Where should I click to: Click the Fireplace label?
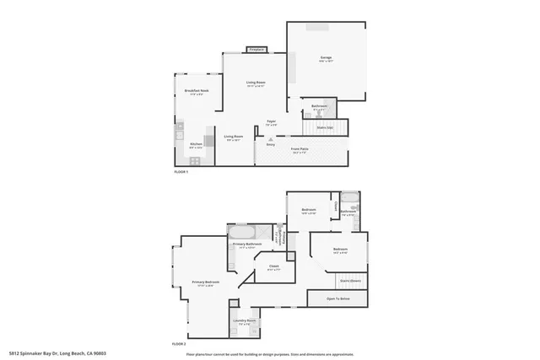pos(256,51)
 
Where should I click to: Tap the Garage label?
pos(325,58)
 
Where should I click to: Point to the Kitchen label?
pos(196,144)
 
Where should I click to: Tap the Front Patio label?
pos(300,148)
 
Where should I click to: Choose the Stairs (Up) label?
pos(325,127)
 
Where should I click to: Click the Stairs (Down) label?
pos(350,280)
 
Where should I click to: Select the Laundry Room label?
pos(246,321)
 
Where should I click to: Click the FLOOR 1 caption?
pos(181,171)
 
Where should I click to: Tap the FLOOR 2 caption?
pos(179,344)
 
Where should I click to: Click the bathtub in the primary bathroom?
pos(240,232)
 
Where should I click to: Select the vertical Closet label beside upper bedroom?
pos(336,206)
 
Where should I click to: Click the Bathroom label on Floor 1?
pos(320,106)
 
